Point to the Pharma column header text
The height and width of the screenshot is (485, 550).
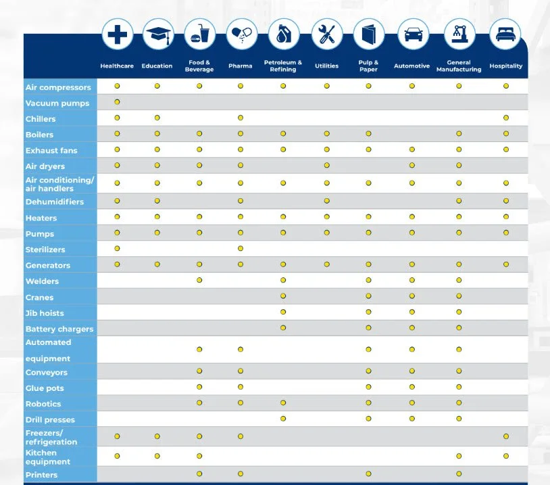pos(240,66)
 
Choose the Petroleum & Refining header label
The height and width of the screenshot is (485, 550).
pos(283,66)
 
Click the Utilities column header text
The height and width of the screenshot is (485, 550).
pos(326,66)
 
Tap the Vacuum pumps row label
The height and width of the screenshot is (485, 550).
pos(57,103)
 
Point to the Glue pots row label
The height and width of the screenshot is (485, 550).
pos(45,388)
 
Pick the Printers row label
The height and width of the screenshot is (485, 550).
pos(41,475)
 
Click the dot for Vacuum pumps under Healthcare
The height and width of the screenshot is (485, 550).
pos(118,102)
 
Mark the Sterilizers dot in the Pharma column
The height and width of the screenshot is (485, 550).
pos(240,248)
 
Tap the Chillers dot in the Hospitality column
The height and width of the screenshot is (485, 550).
pos(505,118)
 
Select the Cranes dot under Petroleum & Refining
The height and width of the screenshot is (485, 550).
pos(283,296)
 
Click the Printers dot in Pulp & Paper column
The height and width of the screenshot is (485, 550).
pos(368,474)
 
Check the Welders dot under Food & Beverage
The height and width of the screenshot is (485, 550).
pos(199,280)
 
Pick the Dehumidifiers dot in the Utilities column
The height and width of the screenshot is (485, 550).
pos(326,201)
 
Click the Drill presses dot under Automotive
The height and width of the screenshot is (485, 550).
pos(411,419)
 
